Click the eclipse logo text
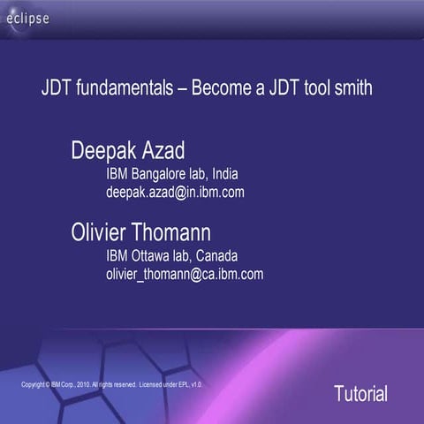28,19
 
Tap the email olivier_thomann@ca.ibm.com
185,274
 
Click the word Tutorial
360,394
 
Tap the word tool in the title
315,89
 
